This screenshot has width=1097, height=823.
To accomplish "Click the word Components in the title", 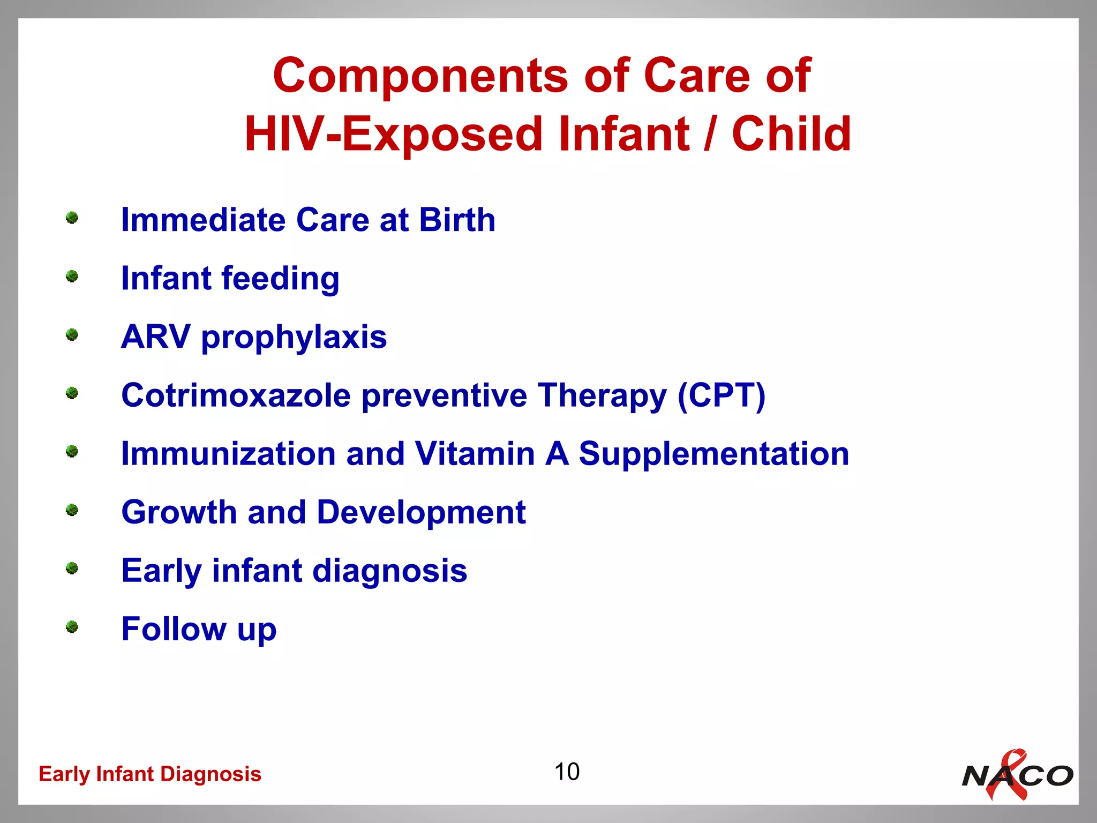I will pyautogui.click(x=420, y=76).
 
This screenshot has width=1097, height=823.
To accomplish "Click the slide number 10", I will pyautogui.click(x=566, y=772).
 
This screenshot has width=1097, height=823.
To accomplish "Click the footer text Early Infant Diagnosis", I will pyautogui.click(x=150, y=774).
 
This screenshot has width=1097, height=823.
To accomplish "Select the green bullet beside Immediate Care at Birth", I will pyautogui.click(x=72, y=218).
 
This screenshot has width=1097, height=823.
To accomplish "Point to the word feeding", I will pyautogui.click(x=280, y=279).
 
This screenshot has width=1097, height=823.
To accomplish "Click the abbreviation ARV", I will pyautogui.click(x=155, y=337).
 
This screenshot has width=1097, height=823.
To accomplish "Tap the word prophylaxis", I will pyautogui.click(x=294, y=338).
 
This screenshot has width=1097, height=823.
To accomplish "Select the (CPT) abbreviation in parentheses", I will pyautogui.click(x=721, y=396).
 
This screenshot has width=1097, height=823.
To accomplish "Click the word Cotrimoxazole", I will pyautogui.click(x=236, y=395).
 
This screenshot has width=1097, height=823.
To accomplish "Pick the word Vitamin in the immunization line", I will pyautogui.click(x=475, y=454).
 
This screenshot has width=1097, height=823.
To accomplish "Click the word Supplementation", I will pyautogui.click(x=713, y=455).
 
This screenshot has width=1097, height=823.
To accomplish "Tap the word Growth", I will pyautogui.click(x=179, y=512).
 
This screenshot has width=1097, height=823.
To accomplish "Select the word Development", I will pyautogui.click(x=421, y=513).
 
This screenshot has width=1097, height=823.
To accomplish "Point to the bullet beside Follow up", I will pyautogui.click(x=72, y=627).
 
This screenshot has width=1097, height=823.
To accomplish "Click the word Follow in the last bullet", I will pyautogui.click(x=174, y=629).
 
